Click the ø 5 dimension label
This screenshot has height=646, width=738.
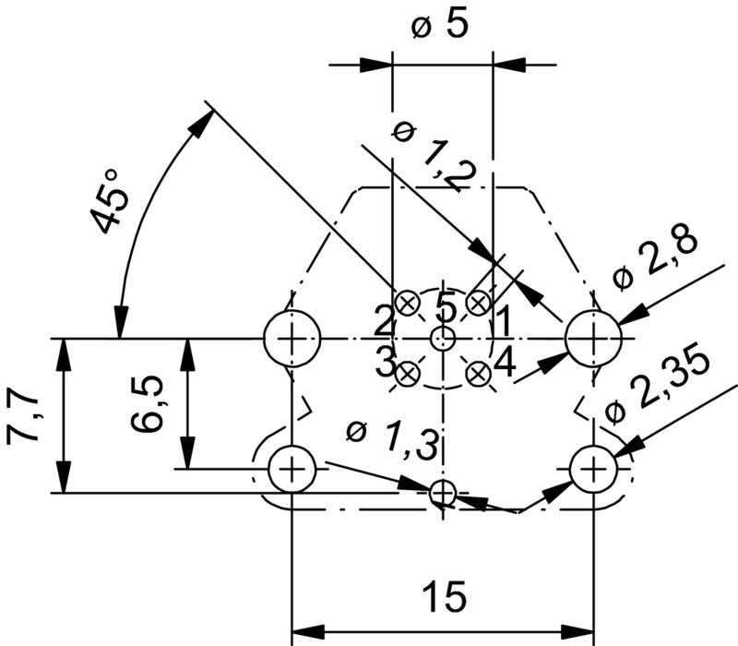click(x=440, y=27)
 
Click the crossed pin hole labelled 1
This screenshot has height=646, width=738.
click(x=478, y=303)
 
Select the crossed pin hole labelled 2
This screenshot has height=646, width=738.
click(x=407, y=303)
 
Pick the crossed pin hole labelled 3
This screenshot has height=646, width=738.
click(x=407, y=374)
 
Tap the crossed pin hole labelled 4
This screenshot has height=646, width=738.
click(x=478, y=374)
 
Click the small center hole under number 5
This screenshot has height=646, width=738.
click(x=443, y=338)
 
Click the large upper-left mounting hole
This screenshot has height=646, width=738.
click(x=292, y=338)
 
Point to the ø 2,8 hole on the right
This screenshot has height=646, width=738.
click(x=593, y=338)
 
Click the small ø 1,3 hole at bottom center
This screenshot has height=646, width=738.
click(x=443, y=493)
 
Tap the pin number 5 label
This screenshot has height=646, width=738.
click(x=446, y=305)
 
